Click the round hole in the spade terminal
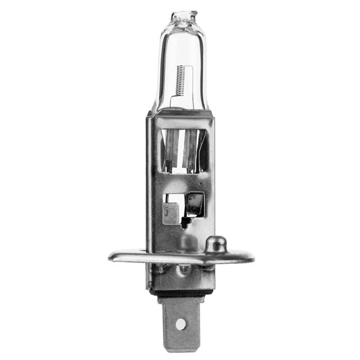[181, 323]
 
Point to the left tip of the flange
[112, 256]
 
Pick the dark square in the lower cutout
[195, 204]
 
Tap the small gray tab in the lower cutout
[170, 213]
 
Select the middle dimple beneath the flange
[182, 269]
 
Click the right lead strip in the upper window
[193, 149]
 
